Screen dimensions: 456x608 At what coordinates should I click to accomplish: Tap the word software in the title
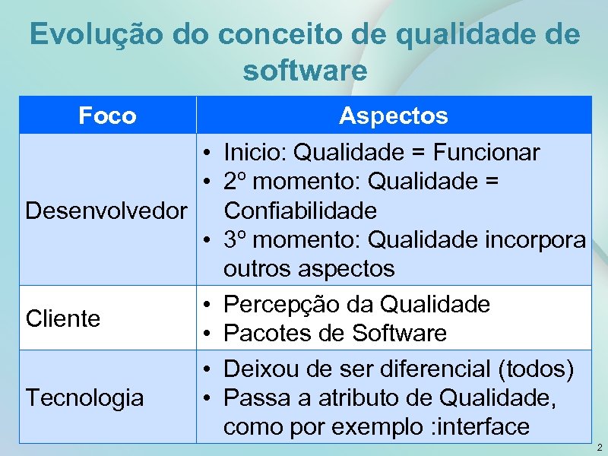305,71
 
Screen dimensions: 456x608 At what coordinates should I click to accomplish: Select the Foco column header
108,116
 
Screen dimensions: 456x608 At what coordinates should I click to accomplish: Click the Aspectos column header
394,116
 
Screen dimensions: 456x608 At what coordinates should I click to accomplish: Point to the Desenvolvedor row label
106,209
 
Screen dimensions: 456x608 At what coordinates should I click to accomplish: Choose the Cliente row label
63,318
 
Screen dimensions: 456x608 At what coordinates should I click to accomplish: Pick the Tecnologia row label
84,397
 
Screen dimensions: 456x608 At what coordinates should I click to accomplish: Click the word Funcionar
486,153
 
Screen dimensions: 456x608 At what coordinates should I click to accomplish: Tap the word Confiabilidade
300,209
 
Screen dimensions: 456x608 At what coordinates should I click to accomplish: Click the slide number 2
599,447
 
